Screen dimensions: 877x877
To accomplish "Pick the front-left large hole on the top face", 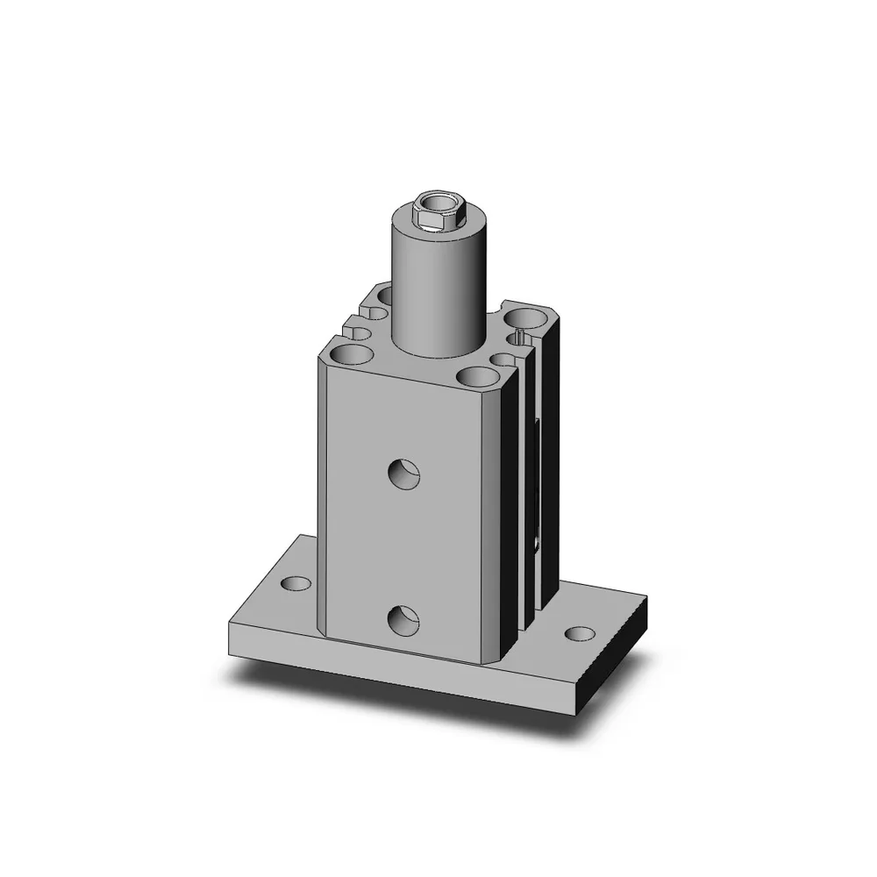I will (x=350, y=355).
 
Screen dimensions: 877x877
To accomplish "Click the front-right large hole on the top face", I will (x=476, y=377).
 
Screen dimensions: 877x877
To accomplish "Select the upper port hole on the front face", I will (x=404, y=474).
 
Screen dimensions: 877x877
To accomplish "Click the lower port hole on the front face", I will (x=404, y=620).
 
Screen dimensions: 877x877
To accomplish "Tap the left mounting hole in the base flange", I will (x=296, y=583).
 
